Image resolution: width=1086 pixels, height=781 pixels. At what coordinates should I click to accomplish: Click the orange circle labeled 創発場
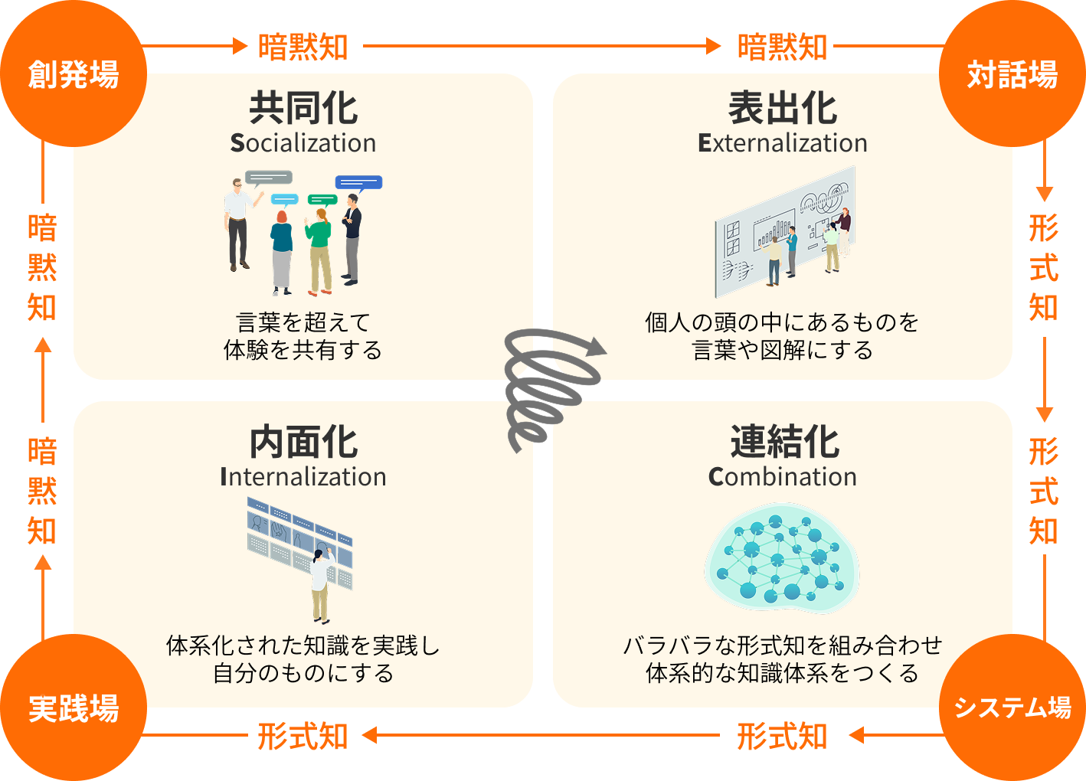click(73, 74)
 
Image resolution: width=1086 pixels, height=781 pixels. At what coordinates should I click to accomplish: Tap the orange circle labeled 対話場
click(1012, 74)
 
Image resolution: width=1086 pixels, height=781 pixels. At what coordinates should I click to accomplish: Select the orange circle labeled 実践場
click(73, 707)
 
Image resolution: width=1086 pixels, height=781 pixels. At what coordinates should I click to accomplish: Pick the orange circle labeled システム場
click(1012, 707)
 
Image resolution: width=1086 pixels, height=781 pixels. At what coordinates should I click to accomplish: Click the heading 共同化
click(303, 108)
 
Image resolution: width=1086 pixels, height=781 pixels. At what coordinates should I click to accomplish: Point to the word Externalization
click(782, 143)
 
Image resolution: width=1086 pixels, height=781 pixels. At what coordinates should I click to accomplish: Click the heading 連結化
click(783, 442)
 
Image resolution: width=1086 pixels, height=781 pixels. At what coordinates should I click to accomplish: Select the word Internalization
click(303, 477)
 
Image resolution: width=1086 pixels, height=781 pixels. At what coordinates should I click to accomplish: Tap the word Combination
click(782, 477)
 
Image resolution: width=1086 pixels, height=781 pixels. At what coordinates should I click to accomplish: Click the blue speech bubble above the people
click(358, 183)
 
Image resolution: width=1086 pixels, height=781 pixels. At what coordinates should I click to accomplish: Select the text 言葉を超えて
click(303, 322)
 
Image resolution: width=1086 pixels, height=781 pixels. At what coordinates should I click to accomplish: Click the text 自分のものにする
click(303, 673)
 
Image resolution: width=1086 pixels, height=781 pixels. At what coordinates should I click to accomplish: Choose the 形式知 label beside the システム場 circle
click(782, 737)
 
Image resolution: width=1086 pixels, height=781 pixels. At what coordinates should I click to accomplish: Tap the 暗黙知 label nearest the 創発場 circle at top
click(303, 47)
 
